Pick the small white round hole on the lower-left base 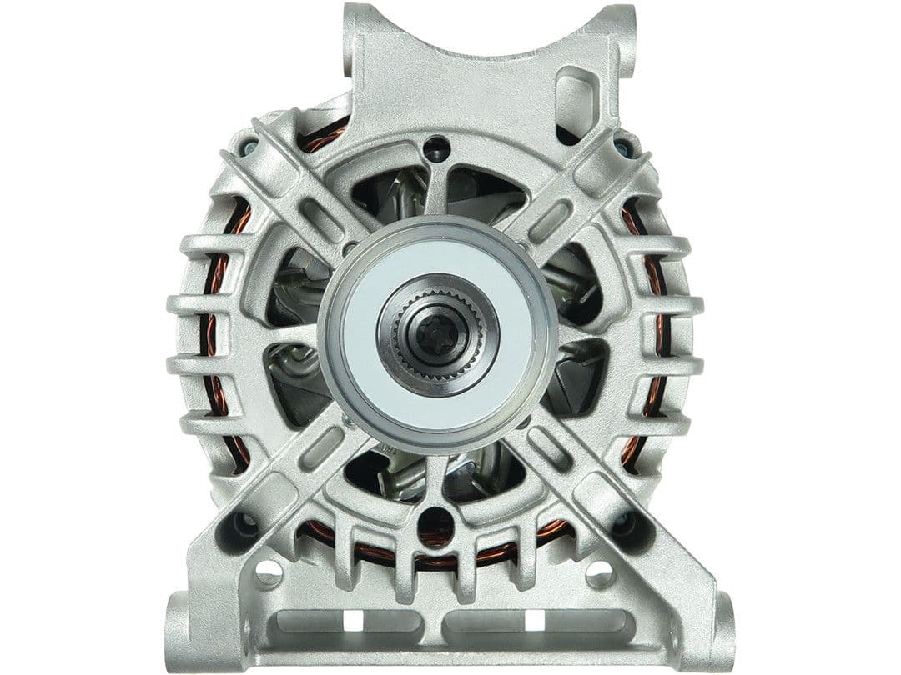point(269,572)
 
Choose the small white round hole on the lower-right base point(600,572)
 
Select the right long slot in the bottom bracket point(534,620)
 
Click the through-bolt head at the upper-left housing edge point(249,149)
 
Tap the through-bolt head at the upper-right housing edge point(622,149)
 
